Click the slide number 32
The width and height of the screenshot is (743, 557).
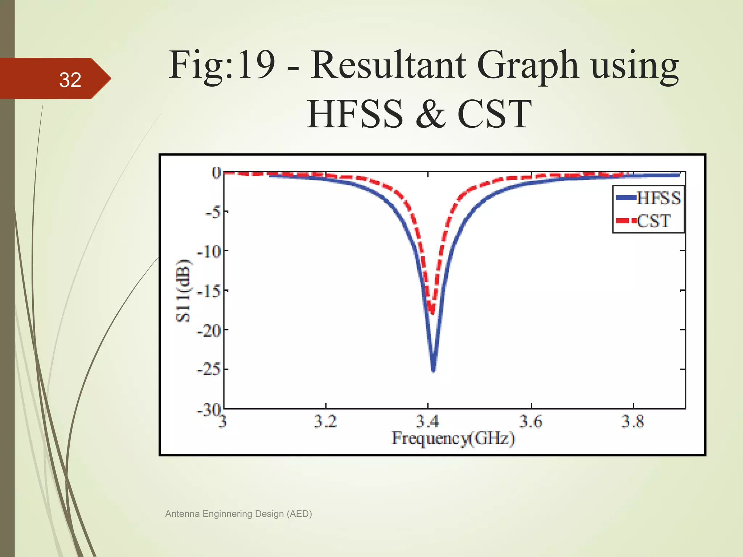[70, 80]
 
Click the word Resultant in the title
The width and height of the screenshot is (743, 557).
[388, 65]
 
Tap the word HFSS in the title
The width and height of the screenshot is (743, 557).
[355, 114]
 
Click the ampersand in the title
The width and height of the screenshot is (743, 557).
[431, 114]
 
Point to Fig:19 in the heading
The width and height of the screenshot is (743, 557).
[221, 65]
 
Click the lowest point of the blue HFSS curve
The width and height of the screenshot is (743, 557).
[433, 370]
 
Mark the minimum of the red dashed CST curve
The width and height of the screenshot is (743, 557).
[432, 311]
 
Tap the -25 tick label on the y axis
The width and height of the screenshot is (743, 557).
[209, 370]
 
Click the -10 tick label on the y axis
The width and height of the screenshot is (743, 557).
[209, 251]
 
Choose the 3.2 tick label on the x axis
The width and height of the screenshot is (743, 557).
[325, 421]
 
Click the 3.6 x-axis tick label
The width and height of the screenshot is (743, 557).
[531, 421]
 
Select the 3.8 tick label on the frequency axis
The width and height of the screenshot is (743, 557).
[633, 421]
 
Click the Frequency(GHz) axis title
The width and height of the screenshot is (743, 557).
[453, 438]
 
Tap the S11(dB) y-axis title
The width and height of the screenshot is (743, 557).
[183, 290]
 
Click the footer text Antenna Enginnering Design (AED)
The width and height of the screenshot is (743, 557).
[238, 514]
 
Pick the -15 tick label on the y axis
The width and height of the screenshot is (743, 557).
[209, 290]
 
